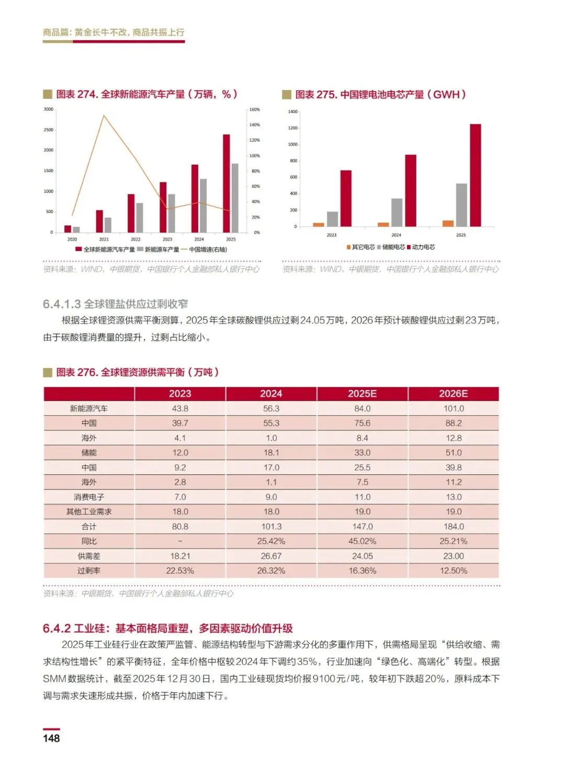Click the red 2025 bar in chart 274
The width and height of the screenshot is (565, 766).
pos(226,183)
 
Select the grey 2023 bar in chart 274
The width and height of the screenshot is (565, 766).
pos(172,213)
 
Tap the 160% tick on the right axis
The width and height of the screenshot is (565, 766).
pos(255,110)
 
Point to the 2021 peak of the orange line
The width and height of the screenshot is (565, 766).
pos(104,116)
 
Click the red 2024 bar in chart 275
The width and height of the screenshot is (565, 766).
pos(411,190)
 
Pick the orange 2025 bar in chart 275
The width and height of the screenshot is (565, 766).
pos(448,223)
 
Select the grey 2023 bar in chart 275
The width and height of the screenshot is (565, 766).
pos(332,219)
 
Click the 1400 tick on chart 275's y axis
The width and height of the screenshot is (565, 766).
pos(292,112)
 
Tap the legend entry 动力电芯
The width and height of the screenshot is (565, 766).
pos(423,247)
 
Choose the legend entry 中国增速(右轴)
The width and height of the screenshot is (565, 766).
pos(208,249)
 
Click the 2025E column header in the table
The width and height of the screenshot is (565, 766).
pos(362,394)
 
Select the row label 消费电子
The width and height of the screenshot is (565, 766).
pos(89,497)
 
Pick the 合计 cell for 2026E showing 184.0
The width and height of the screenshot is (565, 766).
pos(454,527)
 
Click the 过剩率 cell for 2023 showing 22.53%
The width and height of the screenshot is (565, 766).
pos(180,570)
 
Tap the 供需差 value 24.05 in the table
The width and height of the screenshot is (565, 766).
pos(362,556)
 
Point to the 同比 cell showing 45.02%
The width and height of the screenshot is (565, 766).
pos(362,541)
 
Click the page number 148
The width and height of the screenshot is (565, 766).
pos(51,738)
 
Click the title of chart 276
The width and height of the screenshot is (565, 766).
pos(137,372)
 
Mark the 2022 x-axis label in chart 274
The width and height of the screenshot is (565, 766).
pos(135,239)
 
